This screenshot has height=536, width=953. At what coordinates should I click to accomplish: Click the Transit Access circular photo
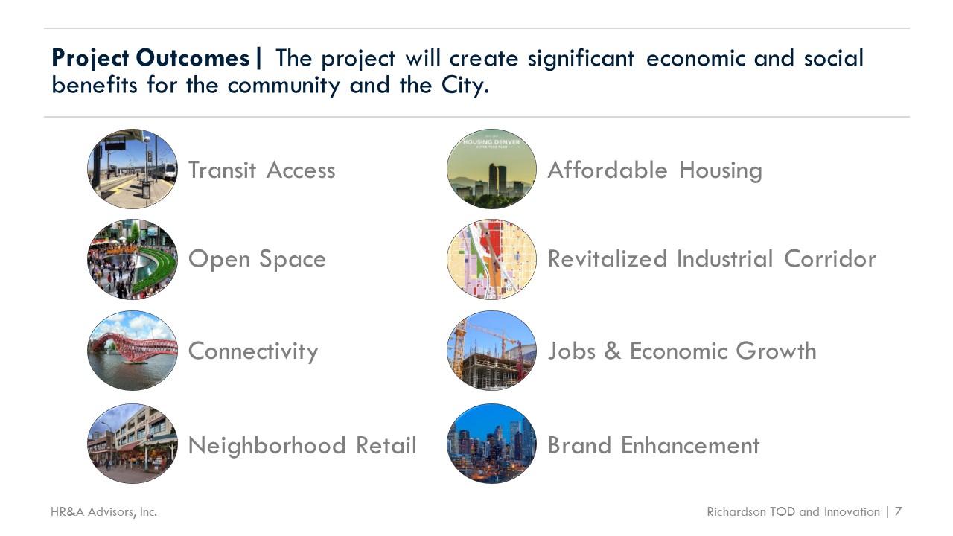tap(133, 169)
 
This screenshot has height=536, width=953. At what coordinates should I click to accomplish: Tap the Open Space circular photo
tap(133, 259)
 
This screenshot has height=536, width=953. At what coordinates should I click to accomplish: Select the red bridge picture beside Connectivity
tap(133, 351)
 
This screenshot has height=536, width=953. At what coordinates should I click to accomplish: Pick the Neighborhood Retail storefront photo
tap(133, 443)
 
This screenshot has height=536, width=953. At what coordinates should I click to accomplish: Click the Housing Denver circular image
tap(492, 169)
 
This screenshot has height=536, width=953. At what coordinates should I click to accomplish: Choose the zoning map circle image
tap(492, 259)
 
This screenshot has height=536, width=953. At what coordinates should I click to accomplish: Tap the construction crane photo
tap(492, 351)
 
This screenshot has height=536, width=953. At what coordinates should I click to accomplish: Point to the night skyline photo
tap(492, 443)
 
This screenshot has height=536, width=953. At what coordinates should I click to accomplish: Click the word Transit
tap(222, 170)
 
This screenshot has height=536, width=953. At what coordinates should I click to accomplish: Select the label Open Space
tap(257, 260)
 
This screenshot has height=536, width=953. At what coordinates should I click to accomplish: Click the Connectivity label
tap(253, 351)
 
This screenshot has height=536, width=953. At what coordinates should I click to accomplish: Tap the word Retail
tap(386, 445)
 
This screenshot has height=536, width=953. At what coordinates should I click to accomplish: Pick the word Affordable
tap(608, 170)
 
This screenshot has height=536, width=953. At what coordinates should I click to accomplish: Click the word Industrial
tap(724, 258)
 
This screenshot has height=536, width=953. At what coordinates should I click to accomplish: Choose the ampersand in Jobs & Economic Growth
tap(613, 351)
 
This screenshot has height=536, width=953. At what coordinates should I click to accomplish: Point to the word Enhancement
tap(690, 445)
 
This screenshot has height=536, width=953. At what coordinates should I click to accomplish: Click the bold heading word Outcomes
tap(193, 58)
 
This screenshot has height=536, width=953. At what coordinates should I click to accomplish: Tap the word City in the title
tap(465, 86)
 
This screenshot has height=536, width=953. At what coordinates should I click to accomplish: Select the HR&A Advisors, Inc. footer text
tap(103, 511)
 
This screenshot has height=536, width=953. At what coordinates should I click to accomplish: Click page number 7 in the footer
tap(898, 511)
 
